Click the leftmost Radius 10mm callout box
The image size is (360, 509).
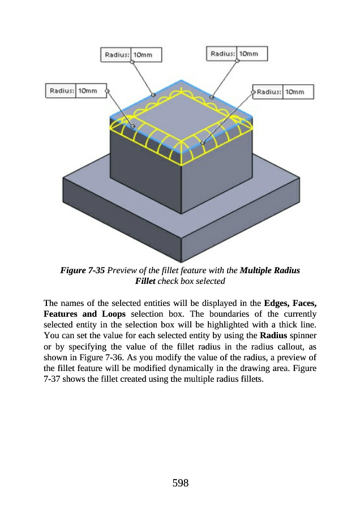tap(74, 90)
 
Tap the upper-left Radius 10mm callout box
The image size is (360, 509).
tap(131, 55)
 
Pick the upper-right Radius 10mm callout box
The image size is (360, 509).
tap(235, 54)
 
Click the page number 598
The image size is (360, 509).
tap(179, 482)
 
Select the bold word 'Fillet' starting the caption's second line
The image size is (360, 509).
tap(145, 281)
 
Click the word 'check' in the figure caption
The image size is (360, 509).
tap(168, 281)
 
